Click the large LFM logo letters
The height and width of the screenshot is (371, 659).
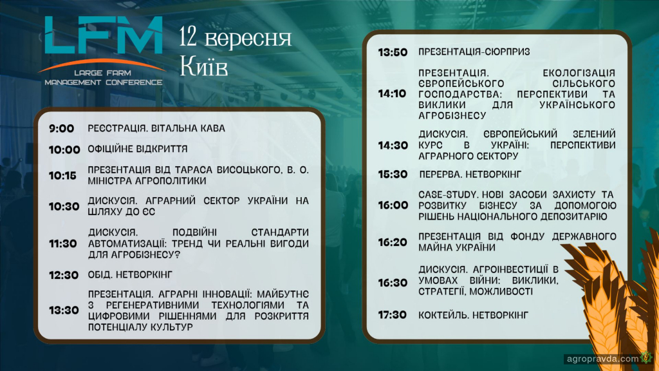(104, 35)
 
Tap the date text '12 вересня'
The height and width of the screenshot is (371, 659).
(236, 37)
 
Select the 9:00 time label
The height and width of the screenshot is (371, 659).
(61, 129)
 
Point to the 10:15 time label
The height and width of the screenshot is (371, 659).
(62, 176)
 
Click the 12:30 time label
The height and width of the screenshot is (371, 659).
(64, 275)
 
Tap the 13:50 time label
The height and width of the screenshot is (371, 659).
(393, 53)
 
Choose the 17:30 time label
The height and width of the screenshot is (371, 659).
(392, 315)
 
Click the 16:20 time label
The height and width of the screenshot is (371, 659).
(393, 242)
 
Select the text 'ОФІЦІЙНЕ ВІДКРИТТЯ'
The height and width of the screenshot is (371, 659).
(138, 149)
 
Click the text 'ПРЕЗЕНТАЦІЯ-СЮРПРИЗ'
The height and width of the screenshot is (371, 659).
(474, 52)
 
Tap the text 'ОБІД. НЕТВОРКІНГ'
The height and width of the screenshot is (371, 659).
(130, 274)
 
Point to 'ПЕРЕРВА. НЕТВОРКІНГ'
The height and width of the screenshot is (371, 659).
(470, 174)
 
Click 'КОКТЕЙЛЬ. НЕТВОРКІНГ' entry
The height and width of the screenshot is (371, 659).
(473, 315)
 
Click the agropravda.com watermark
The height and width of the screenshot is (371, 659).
(602, 359)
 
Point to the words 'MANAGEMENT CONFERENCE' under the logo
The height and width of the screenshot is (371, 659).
(104, 82)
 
